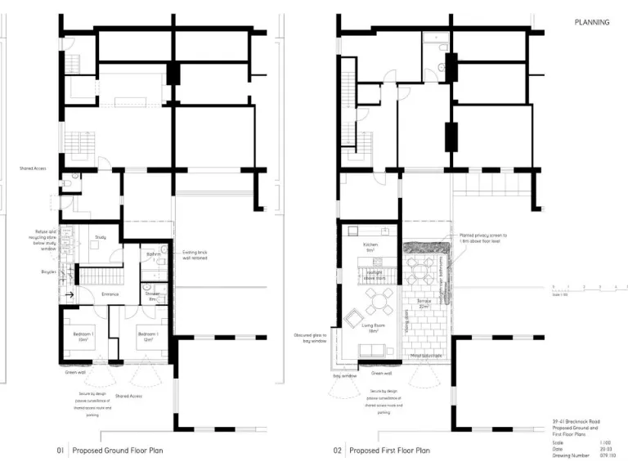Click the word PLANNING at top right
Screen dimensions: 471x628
click(592, 23)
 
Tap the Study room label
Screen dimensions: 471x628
click(101, 238)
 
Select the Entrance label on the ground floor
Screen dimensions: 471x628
click(110, 294)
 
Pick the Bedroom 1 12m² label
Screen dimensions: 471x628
click(148, 338)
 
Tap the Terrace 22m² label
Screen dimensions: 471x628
click(424, 303)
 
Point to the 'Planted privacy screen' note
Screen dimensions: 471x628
click(483, 238)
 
